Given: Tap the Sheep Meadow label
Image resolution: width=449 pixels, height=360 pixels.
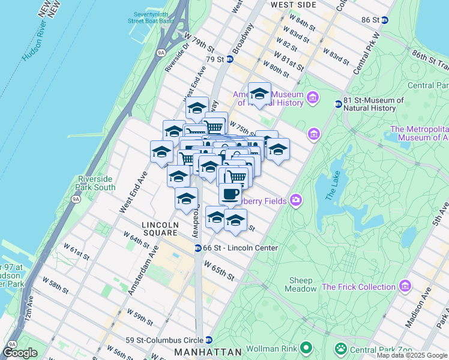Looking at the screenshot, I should point(301,284).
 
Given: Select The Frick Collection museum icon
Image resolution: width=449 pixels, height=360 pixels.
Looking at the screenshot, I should point(406,286).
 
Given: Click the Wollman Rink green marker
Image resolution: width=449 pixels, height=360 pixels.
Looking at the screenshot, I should point(306,347).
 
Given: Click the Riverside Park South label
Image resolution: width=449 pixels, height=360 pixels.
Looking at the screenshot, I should point(96,183).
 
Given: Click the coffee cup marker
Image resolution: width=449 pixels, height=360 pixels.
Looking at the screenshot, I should point(230,194).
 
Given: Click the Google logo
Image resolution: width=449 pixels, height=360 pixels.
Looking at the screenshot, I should point(20,353).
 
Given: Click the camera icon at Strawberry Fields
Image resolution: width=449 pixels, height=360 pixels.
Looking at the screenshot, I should point(295,200).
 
